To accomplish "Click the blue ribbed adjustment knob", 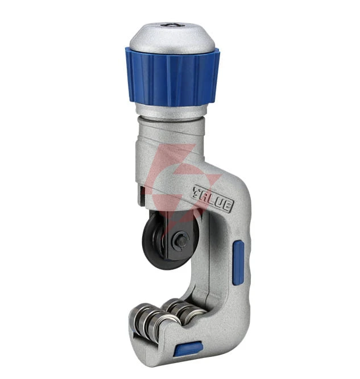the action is [x=172, y=77].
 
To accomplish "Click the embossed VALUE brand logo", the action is [x=213, y=199].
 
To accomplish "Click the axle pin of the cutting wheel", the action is [x=181, y=239].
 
